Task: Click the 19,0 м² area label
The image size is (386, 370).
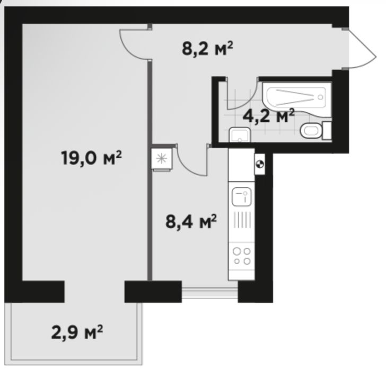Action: pyautogui.click(x=91, y=158)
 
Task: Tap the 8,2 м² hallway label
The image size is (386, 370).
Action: pyautogui.click(x=207, y=49)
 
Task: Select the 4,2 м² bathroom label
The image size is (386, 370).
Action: pyautogui.click(x=268, y=115)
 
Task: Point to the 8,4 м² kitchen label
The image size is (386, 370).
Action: pyautogui.click(x=191, y=221)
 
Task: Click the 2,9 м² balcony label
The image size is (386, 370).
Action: pyautogui.click(x=77, y=332)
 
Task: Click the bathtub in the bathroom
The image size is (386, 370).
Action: pyautogui.click(x=297, y=100)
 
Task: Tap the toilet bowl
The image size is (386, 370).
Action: pyautogui.click(x=311, y=130)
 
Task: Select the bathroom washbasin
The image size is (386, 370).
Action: pyautogui.click(x=240, y=134)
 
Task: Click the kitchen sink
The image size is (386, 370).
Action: pyautogui.click(x=242, y=196)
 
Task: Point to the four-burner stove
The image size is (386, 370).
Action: pyautogui.click(x=242, y=256)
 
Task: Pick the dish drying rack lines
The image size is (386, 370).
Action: pyautogui.click(x=242, y=219)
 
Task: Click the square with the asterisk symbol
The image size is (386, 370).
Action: pyautogui.click(x=162, y=158)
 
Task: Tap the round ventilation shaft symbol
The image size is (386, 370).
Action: pyautogui.click(x=260, y=164)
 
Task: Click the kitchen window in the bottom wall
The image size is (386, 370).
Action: pyautogui.click(x=210, y=292)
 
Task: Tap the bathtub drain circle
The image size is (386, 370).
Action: pyautogui.click(x=320, y=97)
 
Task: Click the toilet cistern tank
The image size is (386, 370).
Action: pyautogui.click(x=327, y=130)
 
